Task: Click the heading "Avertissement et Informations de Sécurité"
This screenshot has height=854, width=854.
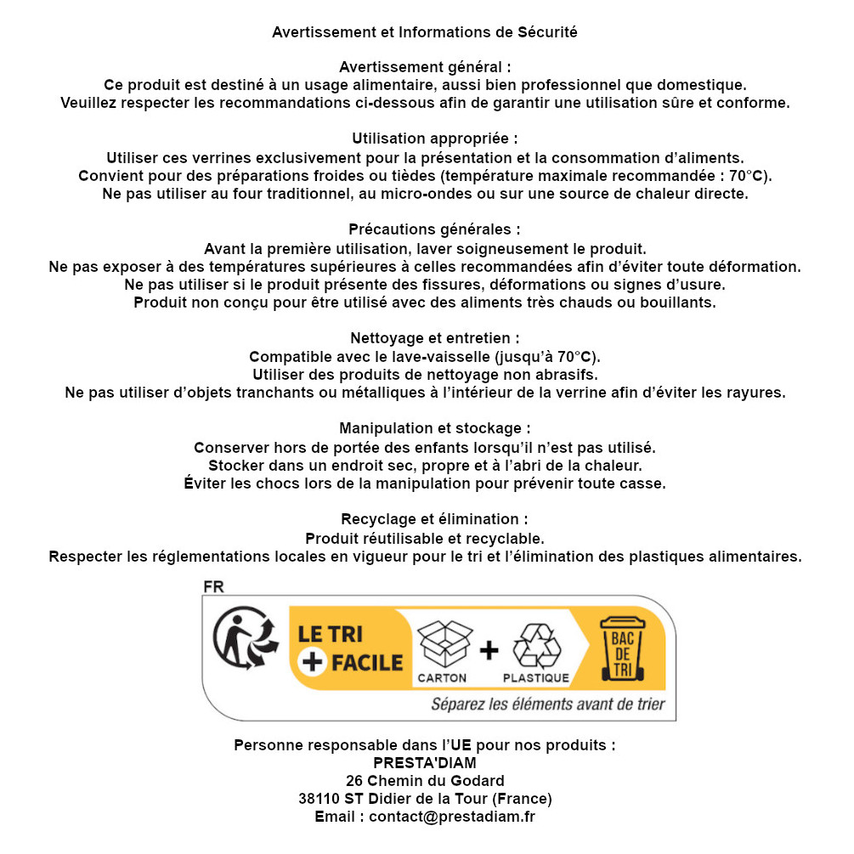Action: (x=425, y=32)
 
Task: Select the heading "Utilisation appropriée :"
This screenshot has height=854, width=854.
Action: (x=434, y=139)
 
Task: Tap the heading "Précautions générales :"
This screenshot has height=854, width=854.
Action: (x=434, y=229)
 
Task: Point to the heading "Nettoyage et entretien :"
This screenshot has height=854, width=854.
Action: (x=434, y=338)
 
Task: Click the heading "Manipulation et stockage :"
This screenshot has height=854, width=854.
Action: (x=434, y=428)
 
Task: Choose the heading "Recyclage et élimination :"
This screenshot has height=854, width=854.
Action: (x=434, y=519)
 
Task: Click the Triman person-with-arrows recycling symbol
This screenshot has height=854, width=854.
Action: (x=246, y=640)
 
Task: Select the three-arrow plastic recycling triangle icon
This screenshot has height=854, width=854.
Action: (x=537, y=647)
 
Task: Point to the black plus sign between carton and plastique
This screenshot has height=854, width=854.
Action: (x=489, y=650)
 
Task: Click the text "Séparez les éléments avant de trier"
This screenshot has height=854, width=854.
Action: (x=548, y=704)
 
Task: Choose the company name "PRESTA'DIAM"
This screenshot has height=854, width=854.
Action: (x=425, y=763)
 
